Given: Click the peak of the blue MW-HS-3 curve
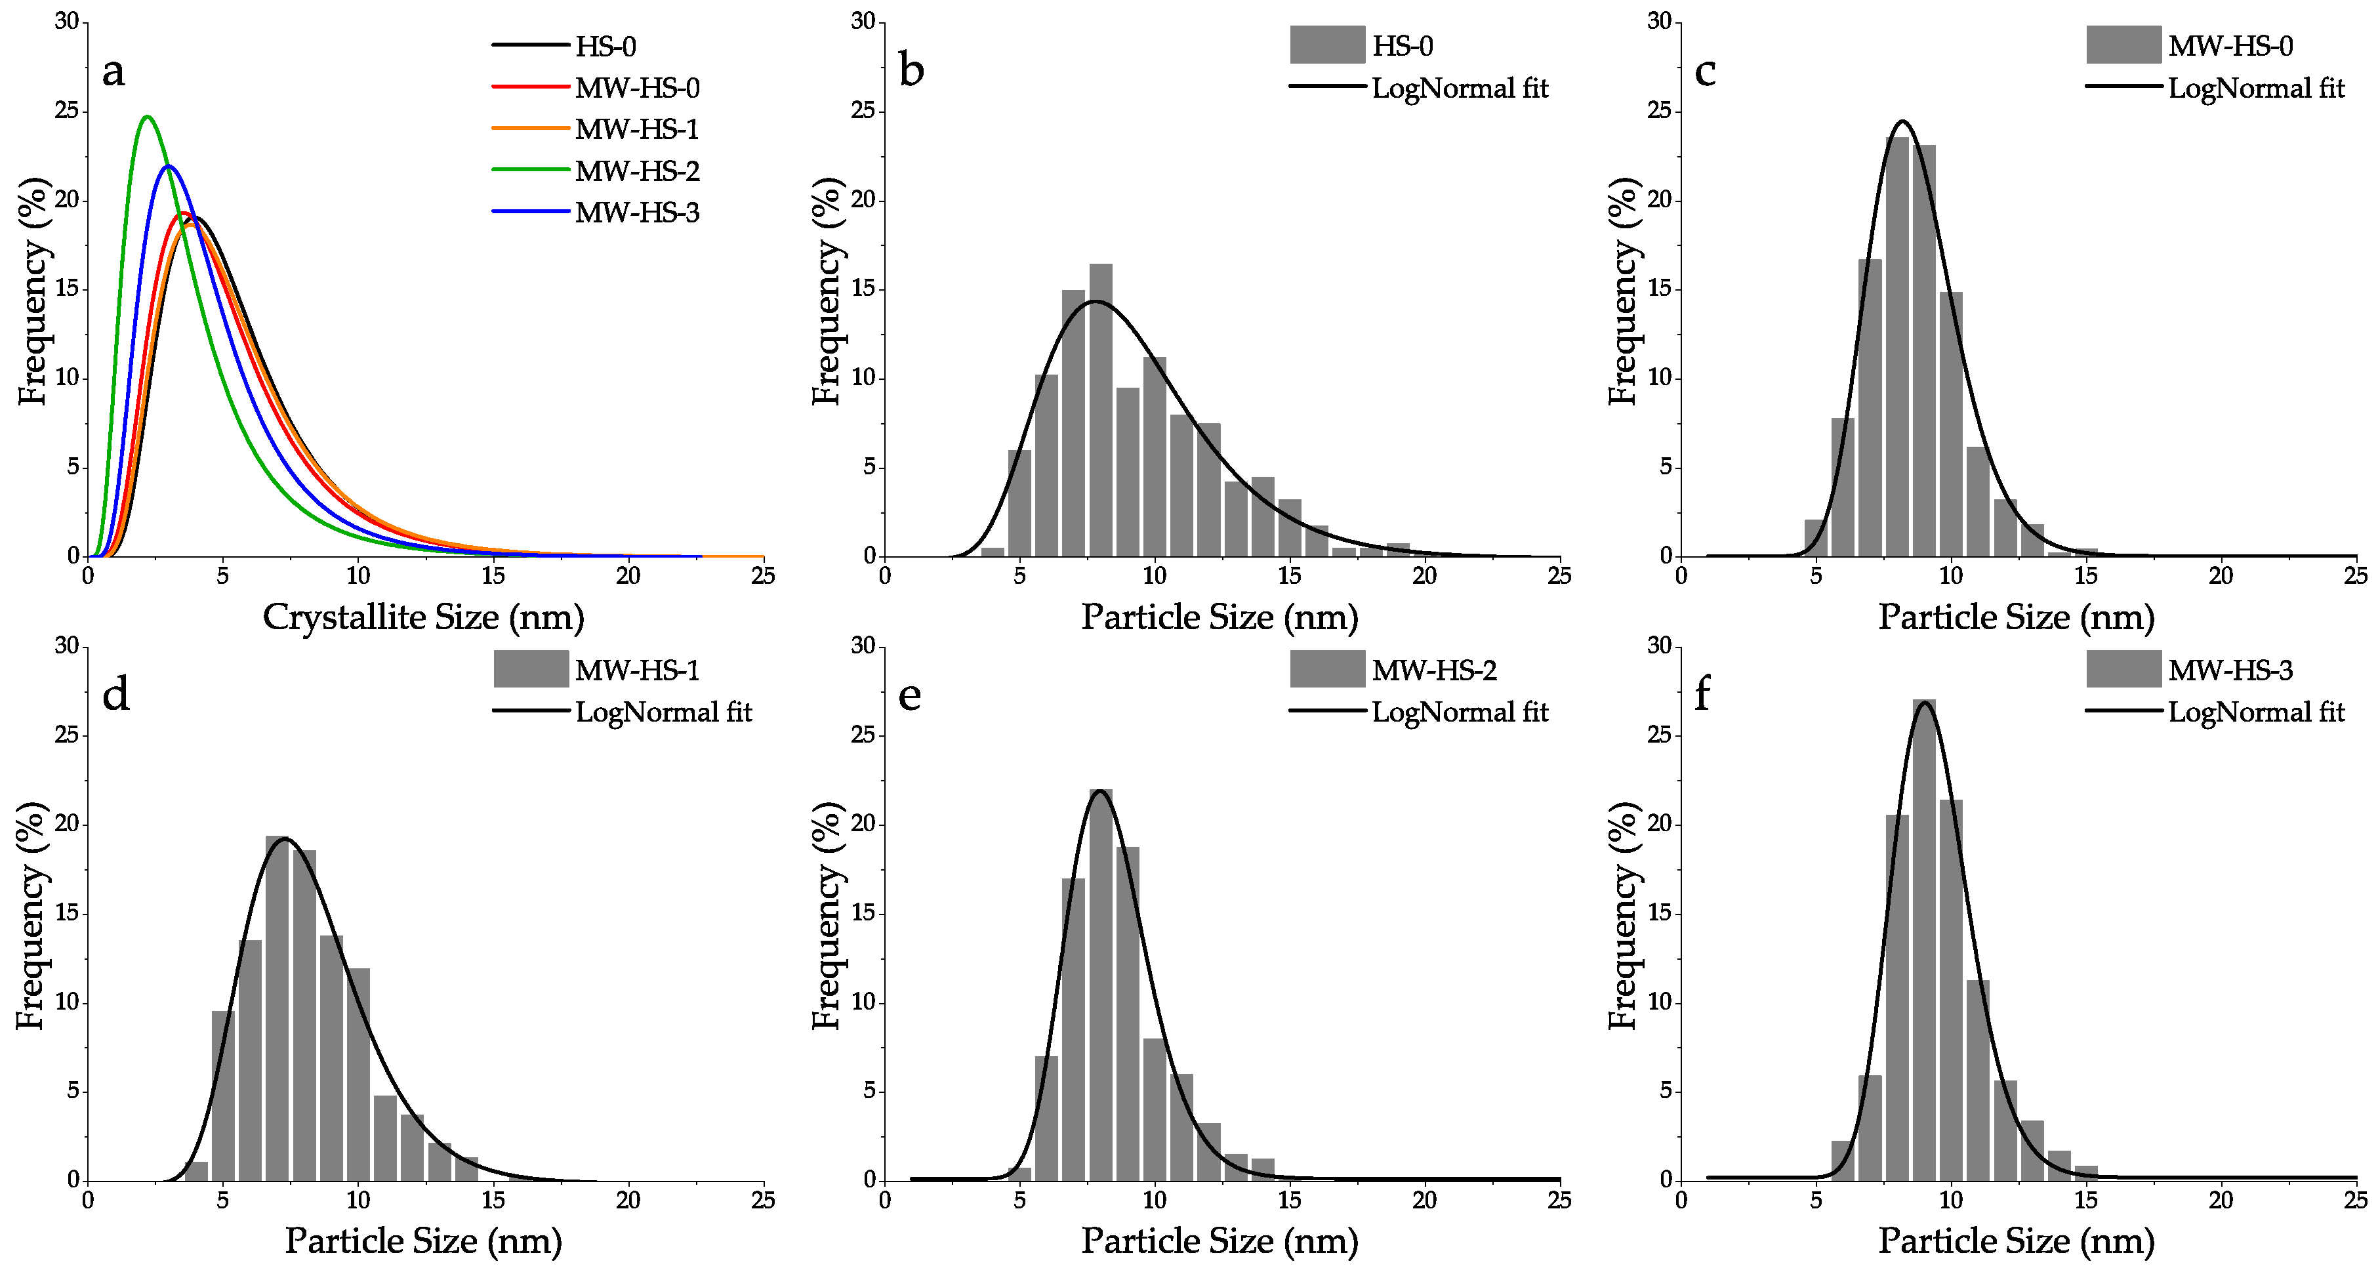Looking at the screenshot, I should click(x=169, y=166).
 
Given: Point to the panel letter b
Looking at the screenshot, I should click(x=911, y=71).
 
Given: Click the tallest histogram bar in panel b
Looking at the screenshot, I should click(x=1100, y=411).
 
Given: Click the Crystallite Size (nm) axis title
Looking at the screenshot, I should click(x=424, y=617).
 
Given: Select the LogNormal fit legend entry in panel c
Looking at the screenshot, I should click(x=2255, y=88).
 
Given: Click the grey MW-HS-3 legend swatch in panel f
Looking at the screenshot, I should click(x=2123, y=668).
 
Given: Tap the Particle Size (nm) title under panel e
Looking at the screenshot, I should click(x=1220, y=1241).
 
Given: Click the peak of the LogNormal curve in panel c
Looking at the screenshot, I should click(x=1902, y=121).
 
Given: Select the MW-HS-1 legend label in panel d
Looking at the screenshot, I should click(x=637, y=670).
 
